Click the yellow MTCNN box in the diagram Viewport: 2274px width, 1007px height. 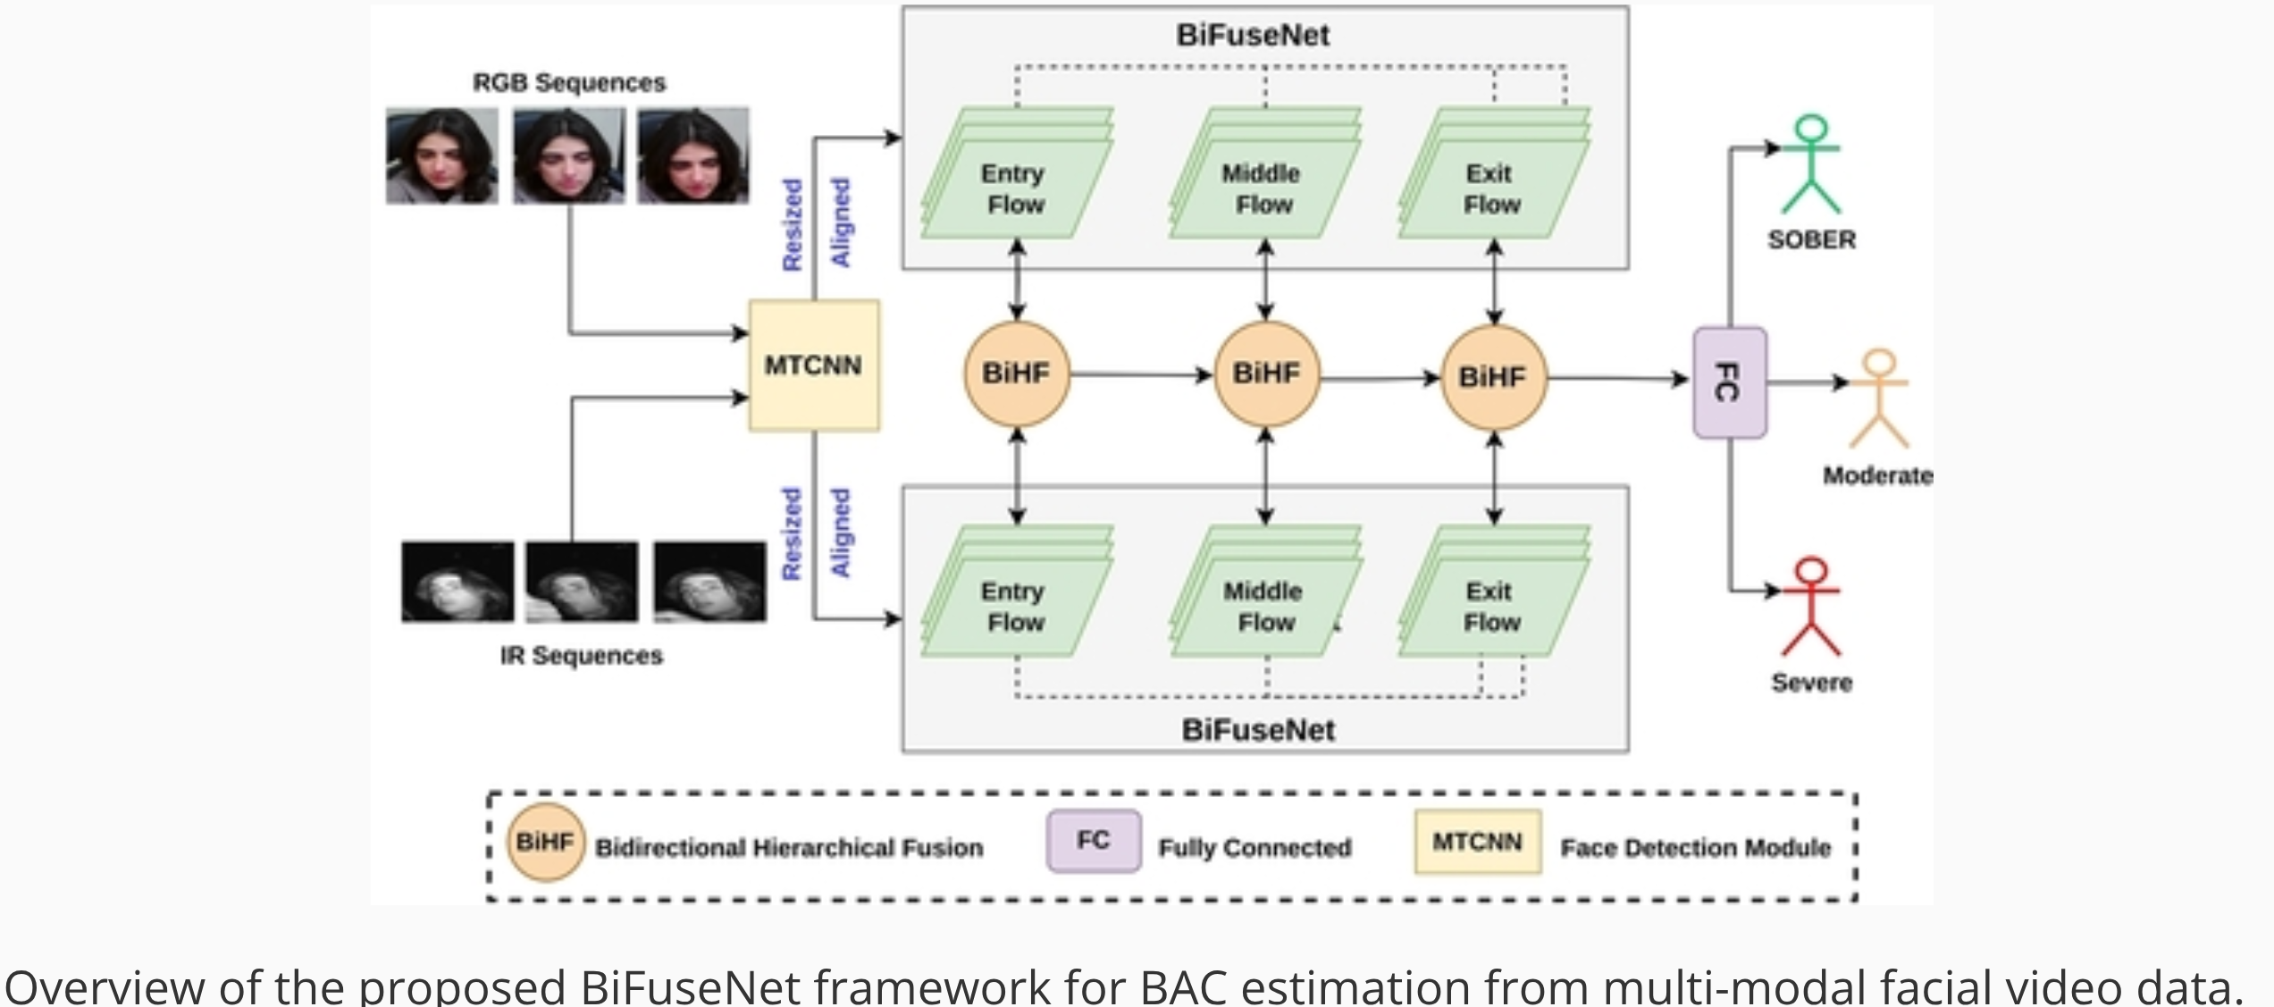pos(814,365)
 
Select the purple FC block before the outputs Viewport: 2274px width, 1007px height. pos(1730,382)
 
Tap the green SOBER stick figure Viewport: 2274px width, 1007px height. pos(1811,164)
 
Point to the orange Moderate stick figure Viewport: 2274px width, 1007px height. pos(1879,399)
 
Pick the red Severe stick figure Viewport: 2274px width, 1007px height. pos(1811,607)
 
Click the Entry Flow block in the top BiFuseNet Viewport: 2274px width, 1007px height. pos(1016,189)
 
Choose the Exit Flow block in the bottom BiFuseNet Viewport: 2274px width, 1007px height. pos(1492,607)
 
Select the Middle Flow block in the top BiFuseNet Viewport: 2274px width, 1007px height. pos(1263,189)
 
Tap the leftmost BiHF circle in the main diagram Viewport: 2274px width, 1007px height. pos(1016,373)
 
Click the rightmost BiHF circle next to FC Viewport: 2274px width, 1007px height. pos(1493,377)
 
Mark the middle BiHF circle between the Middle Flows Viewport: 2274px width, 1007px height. pos(1266,373)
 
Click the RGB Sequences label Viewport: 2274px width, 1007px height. pos(569,83)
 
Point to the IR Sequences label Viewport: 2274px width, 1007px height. pos(582,656)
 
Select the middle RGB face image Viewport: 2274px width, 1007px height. pos(569,155)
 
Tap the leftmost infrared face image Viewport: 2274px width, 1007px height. pos(457,582)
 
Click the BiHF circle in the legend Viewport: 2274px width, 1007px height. pos(545,842)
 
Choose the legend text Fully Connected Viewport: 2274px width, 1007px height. pos(1254,847)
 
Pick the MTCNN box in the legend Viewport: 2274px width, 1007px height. pos(1477,842)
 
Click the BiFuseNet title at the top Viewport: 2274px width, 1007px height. pos(1253,36)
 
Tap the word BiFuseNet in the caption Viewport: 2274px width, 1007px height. pos(690,986)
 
